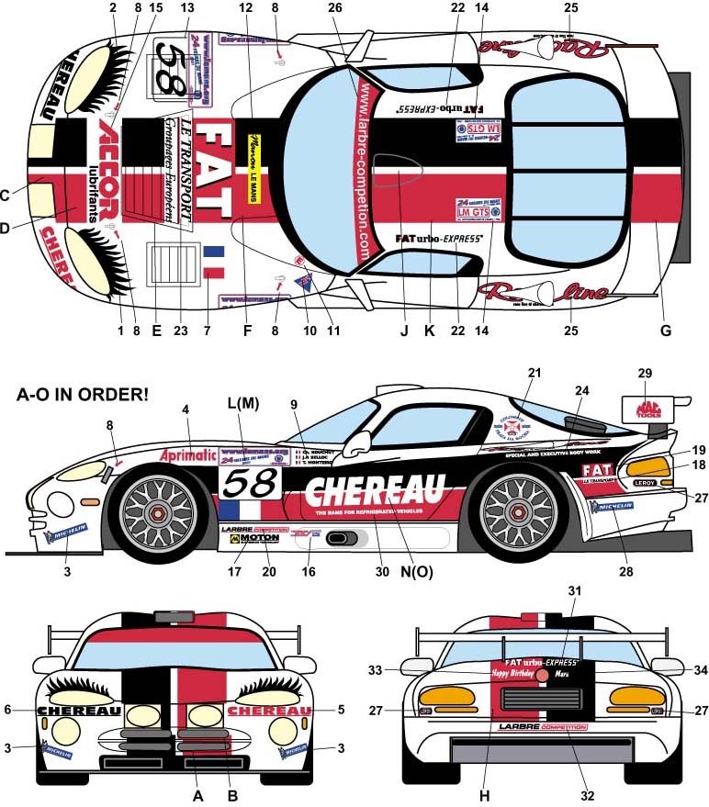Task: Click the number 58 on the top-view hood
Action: [172, 69]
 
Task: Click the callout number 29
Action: [645, 373]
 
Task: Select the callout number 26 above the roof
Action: [335, 7]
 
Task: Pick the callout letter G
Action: [666, 330]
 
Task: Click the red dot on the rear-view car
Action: [543, 675]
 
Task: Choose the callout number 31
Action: [574, 616]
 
